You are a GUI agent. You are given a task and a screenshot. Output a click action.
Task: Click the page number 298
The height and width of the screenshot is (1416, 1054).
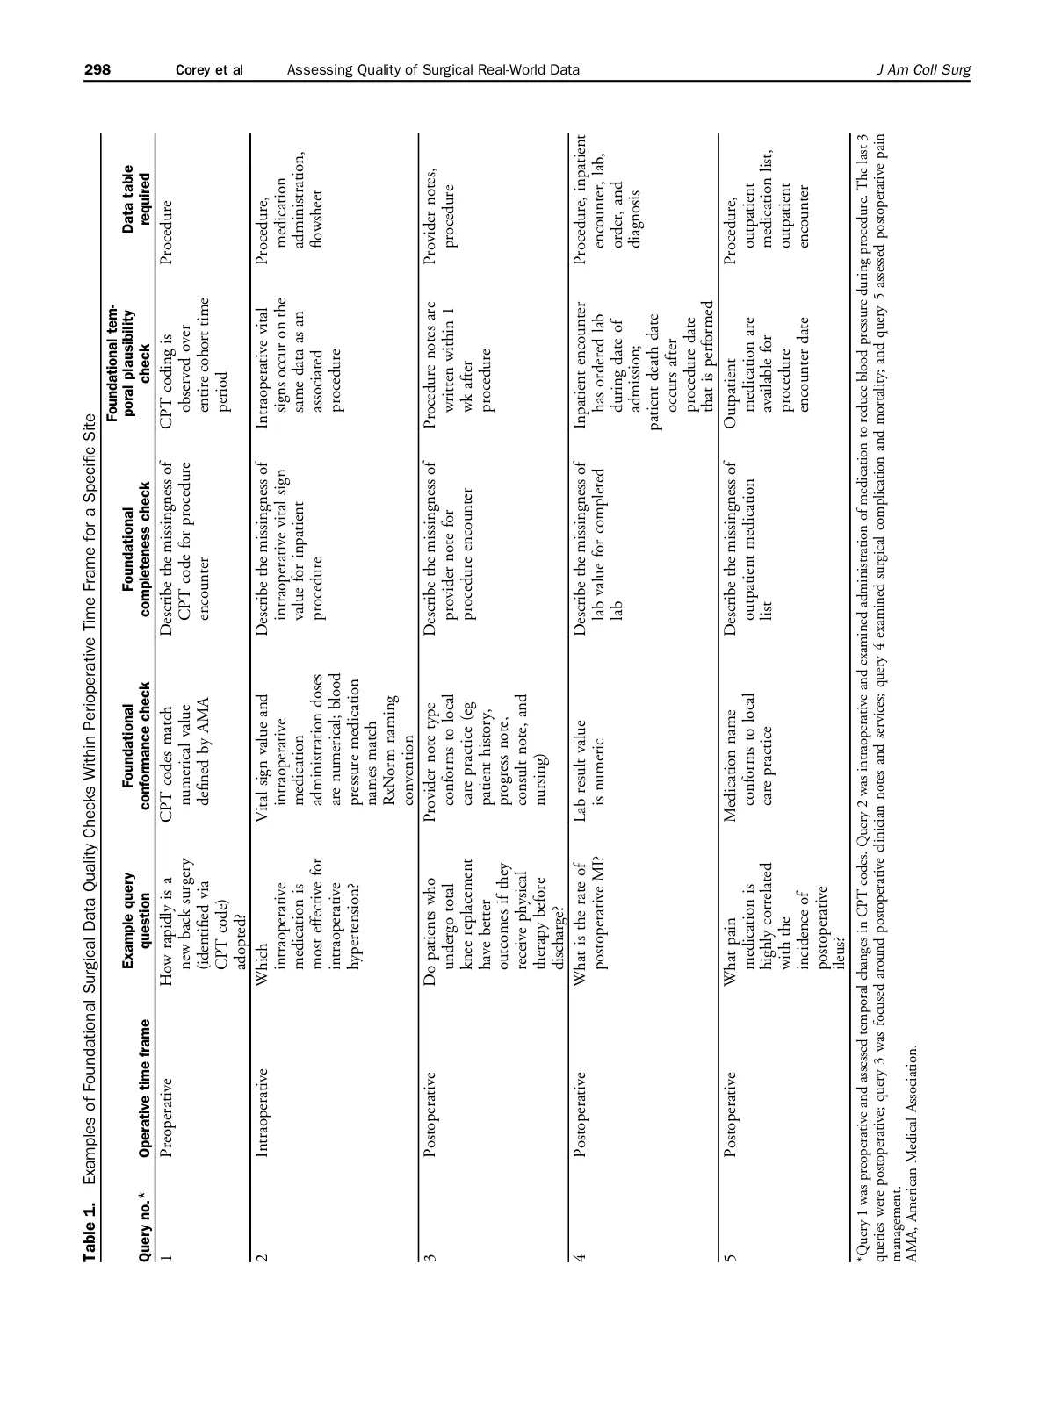97,70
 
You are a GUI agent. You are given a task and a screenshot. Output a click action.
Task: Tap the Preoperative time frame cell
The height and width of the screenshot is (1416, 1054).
167,1107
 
